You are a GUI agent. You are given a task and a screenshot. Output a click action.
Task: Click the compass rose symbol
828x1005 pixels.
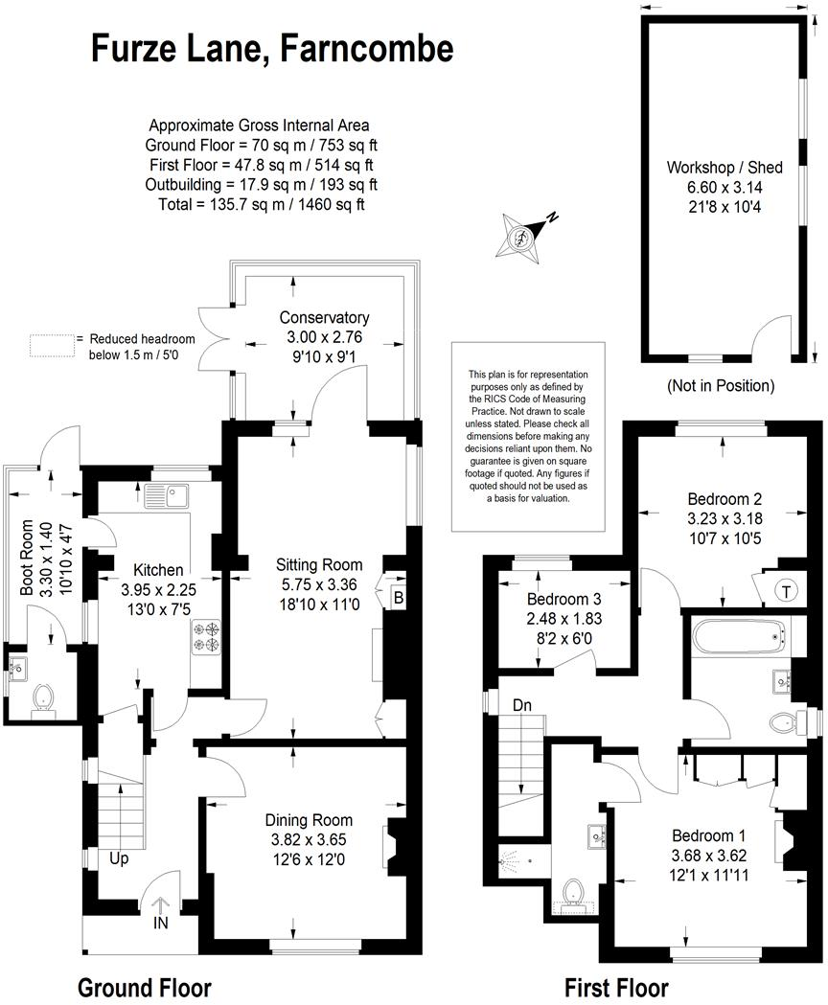(521, 235)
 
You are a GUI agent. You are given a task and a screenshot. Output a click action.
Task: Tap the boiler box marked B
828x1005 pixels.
(398, 599)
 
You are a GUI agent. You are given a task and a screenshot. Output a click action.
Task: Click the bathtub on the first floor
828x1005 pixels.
(737, 633)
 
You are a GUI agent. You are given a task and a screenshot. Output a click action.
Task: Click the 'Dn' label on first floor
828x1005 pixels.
(521, 704)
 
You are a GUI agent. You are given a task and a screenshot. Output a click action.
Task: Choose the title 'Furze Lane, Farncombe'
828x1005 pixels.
(272, 48)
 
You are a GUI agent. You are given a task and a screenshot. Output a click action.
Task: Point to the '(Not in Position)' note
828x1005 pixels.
(720, 386)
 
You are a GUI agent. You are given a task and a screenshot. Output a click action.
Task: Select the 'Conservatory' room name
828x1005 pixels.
(324, 317)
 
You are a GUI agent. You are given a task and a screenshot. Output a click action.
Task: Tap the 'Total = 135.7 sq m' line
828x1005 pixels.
(259, 204)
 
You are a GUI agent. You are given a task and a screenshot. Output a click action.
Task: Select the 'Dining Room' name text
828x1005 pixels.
(309, 819)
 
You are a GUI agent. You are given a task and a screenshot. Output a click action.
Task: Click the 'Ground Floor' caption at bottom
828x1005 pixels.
(144, 987)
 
